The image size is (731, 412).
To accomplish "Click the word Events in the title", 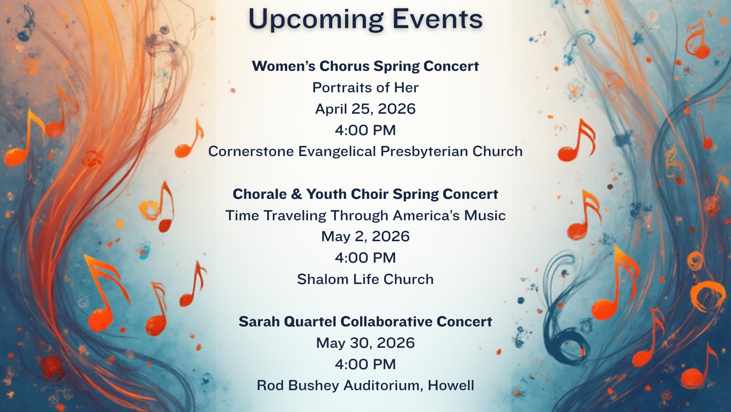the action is pyautogui.click(x=438, y=19).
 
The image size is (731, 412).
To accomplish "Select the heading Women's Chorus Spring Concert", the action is pyautogui.click(x=365, y=66).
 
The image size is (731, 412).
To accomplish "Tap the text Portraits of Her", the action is pyautogui.click(x=365, y=87).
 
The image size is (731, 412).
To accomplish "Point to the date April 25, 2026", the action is pyautogui.click(x=365, y=109).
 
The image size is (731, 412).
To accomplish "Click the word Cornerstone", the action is pyautogui.click(x=251, y=152).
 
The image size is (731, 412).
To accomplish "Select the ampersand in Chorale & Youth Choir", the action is pyautogui.click(x=296, y=194).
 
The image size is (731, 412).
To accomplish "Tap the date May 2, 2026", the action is pyautogui.click(x=365, y=237).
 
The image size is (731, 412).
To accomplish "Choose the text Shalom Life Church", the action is pyautogui.click(x=365, y=279).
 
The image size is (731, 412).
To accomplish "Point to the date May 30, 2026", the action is pyautogui.click(x=365, y=343).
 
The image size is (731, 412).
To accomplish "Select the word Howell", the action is pyautogui.click(x=451, y=385).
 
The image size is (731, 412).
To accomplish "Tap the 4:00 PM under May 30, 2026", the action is pyautogui.click(x=365, y=364).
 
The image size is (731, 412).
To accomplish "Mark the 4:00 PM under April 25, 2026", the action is pyautogui.click(x=365, y=130).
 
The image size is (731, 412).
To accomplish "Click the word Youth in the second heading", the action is pyautogui.click(x=326, y=194).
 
